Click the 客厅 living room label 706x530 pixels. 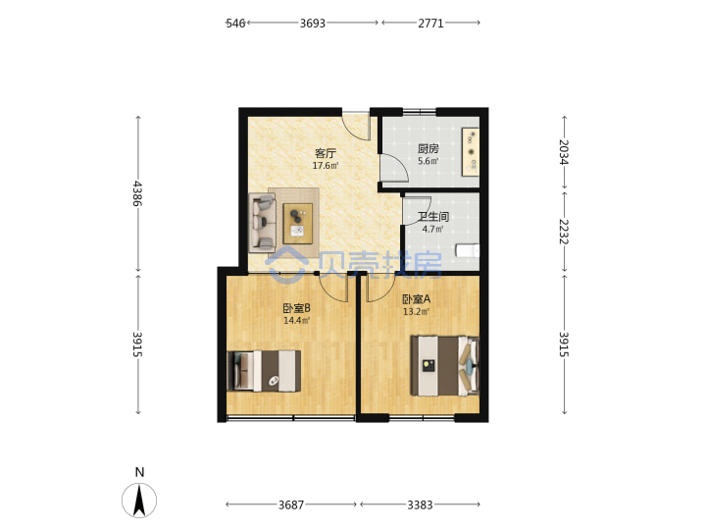pos(326,153)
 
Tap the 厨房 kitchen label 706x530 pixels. pos(428,149)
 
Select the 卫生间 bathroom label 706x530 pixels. pos(433,217)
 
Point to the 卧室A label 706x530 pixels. pos(416,298)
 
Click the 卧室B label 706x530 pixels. pos(296,308)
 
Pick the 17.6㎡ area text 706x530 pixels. pos(326,166)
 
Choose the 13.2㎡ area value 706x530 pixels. pos(416,311)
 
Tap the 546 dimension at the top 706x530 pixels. pos(235,23)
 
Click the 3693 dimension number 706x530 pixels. pos(313,23)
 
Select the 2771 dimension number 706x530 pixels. pos(430,23)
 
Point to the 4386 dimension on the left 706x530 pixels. pos(137,193)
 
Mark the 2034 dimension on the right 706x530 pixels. pos(564,152)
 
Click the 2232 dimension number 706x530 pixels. pos(564,232)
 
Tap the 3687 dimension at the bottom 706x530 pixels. pos(291,504)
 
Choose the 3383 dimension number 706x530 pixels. pos(420,504)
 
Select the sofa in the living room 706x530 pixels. pos(262,223)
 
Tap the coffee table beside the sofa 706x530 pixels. pos(298,224)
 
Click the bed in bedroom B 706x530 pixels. pos(265,371)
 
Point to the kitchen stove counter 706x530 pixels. pos(471,152)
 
